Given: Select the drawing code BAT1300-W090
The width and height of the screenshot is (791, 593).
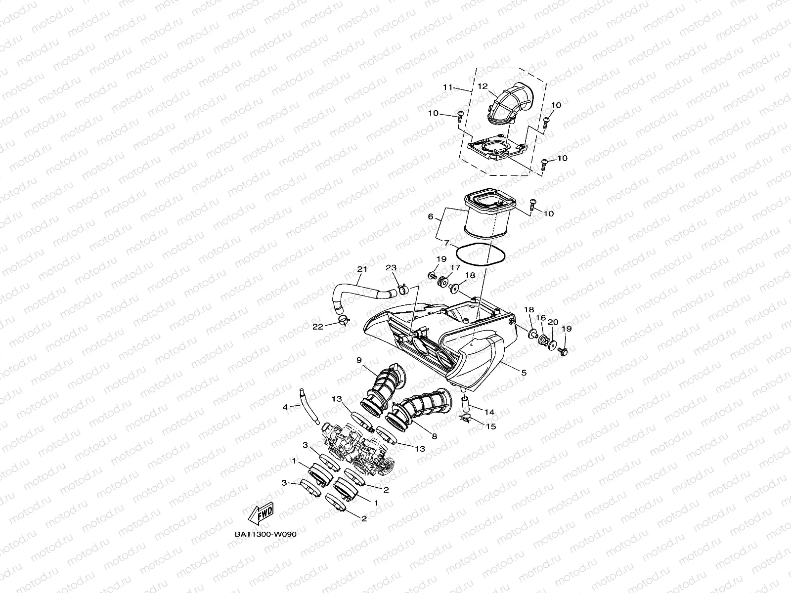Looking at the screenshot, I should [265, 534].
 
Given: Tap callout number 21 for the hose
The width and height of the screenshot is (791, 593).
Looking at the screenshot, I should [362, 269].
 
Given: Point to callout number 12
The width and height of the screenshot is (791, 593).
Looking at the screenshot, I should [483, 86].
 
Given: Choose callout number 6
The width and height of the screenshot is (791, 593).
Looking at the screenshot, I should [431, 217].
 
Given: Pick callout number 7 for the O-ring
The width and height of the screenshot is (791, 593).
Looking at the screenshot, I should [446, 243].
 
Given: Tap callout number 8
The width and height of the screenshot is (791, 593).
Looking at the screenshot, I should [434, 436].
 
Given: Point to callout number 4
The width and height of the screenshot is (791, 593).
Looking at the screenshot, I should [285, 407].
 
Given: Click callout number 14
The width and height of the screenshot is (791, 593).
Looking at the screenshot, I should [489, 412].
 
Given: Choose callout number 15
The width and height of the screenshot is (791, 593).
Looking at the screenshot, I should [491, 426].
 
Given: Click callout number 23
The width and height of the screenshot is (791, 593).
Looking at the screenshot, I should [391, 268].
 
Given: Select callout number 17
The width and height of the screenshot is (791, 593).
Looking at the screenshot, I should [454, 267].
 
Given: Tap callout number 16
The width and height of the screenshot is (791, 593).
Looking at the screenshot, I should [540, 318].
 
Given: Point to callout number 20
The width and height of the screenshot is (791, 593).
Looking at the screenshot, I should [553, 322].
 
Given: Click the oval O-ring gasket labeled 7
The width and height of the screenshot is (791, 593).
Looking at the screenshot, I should [480, 254].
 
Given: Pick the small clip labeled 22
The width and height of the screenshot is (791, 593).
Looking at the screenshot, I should [342, 322].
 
